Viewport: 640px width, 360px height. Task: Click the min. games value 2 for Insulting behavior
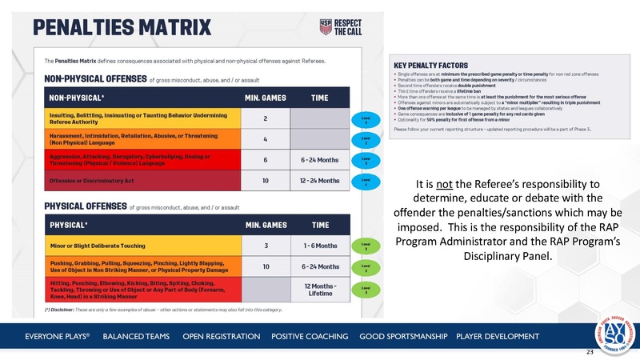pyautogui.click(x=265, y=118)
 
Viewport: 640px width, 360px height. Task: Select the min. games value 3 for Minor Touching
pyautogui.click(x=265, y=246)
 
